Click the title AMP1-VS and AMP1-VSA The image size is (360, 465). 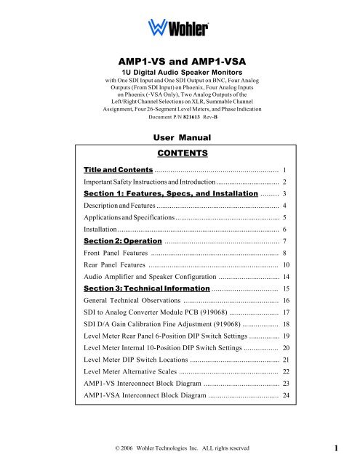(x=179, y=63)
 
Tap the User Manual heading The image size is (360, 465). (x=178, y=137)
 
